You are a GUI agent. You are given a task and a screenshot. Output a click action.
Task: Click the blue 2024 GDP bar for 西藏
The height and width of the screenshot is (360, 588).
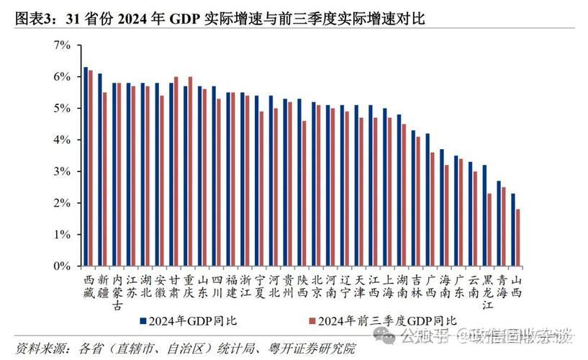[86, 166]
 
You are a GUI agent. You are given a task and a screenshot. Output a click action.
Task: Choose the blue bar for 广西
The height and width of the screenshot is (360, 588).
[428, 199]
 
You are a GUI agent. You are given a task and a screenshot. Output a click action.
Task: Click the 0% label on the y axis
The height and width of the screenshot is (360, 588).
[62, 266]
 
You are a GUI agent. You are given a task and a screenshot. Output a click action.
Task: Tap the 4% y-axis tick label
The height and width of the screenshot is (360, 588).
[62, 140]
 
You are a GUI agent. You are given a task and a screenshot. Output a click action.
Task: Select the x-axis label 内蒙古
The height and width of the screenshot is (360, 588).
[118, 292]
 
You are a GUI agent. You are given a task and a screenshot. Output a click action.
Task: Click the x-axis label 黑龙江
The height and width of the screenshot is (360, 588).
[489, 292]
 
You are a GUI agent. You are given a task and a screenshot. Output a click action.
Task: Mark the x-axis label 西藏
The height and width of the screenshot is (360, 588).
[89, 286]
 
